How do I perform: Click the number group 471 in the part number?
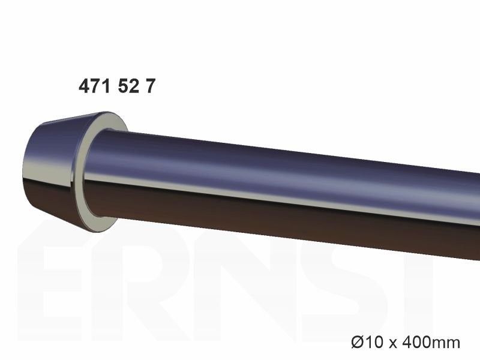(94, 86)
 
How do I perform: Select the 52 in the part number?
(128, 86)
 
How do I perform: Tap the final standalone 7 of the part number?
(151, 86)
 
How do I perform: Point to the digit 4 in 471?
(84, 86)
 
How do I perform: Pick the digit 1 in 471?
(106, 86)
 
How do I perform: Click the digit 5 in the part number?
(123, 86)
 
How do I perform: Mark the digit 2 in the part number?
(134, 86)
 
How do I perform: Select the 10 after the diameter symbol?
(374, 341)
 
